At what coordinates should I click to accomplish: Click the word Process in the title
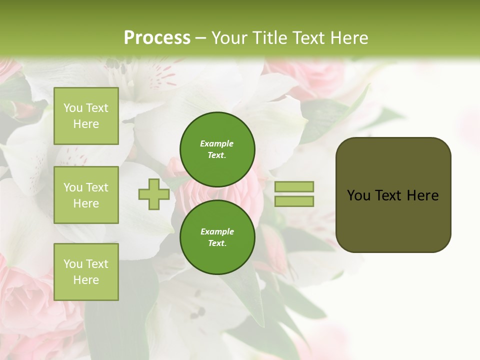157,38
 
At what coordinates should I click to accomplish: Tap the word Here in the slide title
349,38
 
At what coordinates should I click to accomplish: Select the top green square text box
86,116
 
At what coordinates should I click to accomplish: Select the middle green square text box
86,195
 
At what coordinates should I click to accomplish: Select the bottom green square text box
86,271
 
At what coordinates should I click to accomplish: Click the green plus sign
154,194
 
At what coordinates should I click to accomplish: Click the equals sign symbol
294,194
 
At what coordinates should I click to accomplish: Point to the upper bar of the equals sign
294,187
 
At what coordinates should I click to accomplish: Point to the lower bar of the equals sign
294,201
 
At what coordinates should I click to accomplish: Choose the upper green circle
217,149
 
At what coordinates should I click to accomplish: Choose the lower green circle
217,237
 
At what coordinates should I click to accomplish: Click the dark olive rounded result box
393,194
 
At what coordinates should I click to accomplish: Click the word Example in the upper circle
217,143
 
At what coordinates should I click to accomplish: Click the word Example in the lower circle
217,231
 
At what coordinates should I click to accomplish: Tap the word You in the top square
73,108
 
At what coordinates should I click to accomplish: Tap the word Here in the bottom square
86,280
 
